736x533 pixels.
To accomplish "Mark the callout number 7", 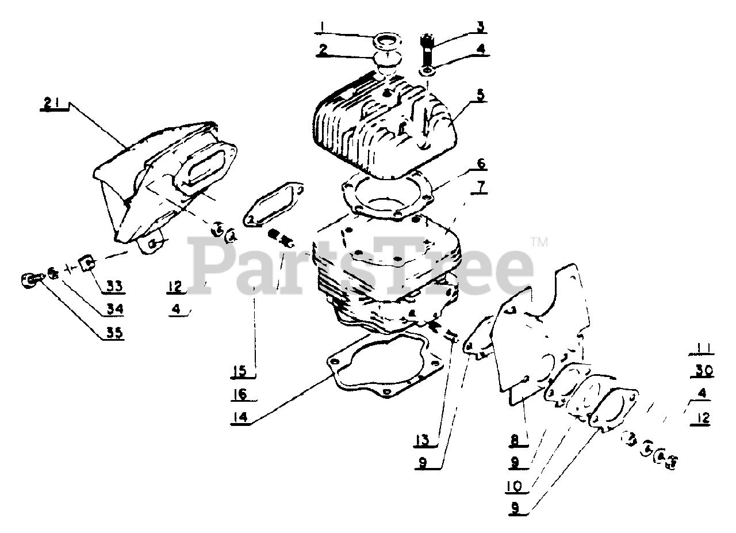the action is [x=480, y=187].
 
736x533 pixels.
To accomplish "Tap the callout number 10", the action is [x=515, y=486].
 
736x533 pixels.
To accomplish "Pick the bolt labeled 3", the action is [x=427, y=52].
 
